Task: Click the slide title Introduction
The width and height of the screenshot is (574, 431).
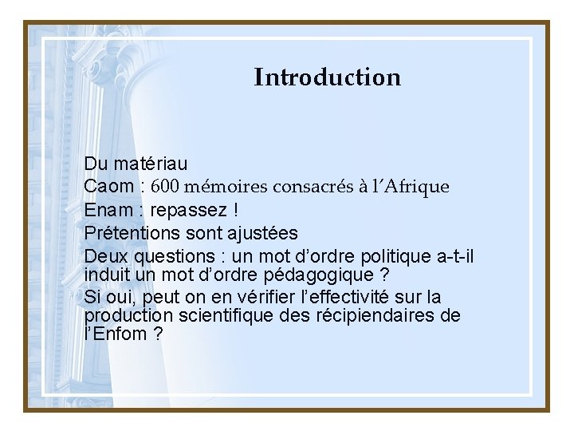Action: tap(327, 77)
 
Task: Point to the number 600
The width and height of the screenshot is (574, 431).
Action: tap(166, 187)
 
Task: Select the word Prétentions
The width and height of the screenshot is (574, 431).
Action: tap(134, 233)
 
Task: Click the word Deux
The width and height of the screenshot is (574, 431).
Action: tap(106, 257)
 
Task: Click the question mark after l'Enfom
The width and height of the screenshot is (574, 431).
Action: tap(158, 334)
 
